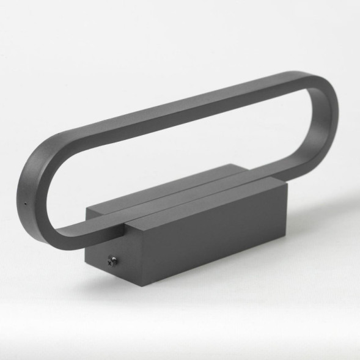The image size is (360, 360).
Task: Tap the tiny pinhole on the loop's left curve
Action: coord(24,204)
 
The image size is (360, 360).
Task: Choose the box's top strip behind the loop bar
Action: coord(183,183)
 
